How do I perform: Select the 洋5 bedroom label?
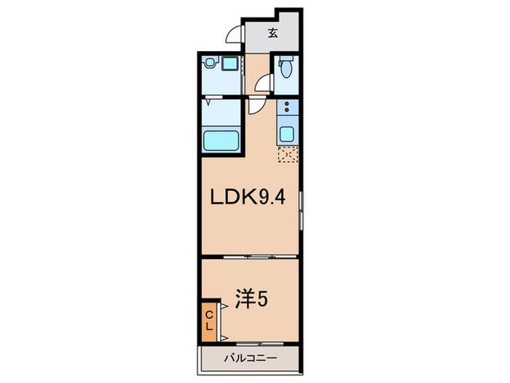[248, 298]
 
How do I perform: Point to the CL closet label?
[208, 319]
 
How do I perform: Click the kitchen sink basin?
[287, 134]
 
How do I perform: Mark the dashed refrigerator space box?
[288, 155]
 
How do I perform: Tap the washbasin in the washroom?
[212, 63]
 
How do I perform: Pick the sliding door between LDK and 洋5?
[249, 257]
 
